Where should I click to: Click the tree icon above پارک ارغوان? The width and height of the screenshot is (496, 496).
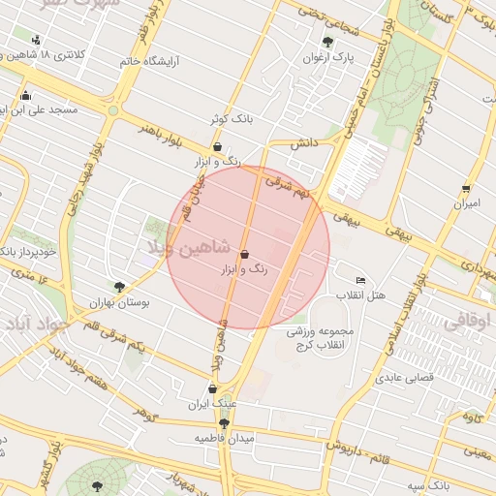tap(326, 42)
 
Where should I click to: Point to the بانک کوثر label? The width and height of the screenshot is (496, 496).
tap(232, 119)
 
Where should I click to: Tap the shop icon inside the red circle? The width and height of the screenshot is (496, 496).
tap(243, 254)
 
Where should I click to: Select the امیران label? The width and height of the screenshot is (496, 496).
tap(468, 204)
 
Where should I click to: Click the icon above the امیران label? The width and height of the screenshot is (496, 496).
tap(467, 189)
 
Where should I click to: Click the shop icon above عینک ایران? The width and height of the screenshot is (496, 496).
tap(212, 388)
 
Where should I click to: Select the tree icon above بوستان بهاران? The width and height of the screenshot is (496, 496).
tap(119, 287)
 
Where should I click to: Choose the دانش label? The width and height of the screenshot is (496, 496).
tap(305, 143)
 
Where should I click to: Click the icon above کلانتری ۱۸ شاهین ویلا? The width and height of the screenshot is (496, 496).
tap(37, 40)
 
